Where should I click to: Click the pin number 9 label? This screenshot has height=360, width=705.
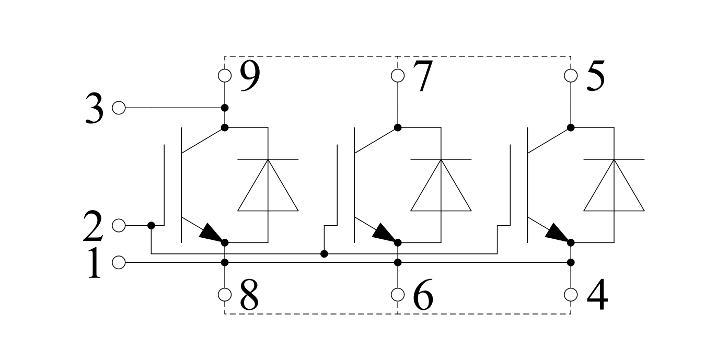[x=250, y=76]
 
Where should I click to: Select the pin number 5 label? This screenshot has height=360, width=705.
[x=596, y=76]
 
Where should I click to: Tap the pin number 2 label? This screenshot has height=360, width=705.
[x=93, y=226]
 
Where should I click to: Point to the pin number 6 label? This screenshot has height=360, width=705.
[x=423, y=295]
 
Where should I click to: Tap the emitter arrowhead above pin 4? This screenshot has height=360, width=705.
[x=558, y=233]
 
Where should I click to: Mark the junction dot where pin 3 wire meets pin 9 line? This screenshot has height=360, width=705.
[x=225, y=108]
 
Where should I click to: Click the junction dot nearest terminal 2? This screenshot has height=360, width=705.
[x=152, y=226]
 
